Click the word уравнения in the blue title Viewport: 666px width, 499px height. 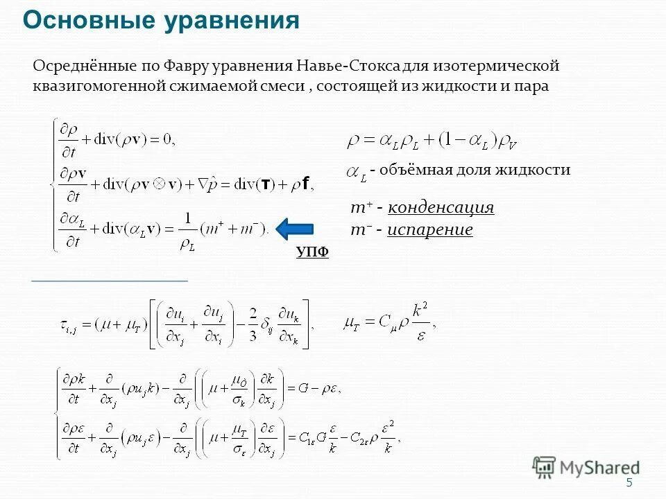tap(232, 21)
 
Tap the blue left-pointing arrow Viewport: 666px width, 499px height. tap(295, 228)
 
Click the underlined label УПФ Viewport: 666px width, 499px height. tap(312, 253)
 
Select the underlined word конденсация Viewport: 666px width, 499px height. tap(441, 208)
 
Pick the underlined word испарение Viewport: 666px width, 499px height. tap(430, 230)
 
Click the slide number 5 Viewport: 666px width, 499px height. tap(629, 483)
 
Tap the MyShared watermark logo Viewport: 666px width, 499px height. tap(586, 468)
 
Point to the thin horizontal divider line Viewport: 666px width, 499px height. tap(110, 281)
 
